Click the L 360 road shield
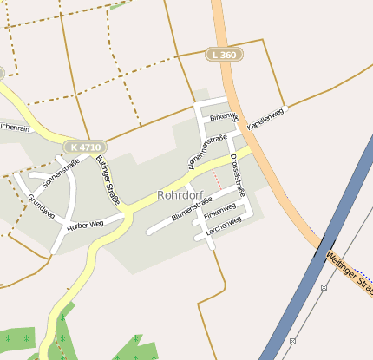click(x=224, y=55)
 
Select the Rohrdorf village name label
click(x=180, y=195)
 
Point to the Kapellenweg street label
click(x=266, y=119)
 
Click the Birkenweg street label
click(x=222, y=116)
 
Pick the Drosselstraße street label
click(x=237, y=173)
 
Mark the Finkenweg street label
click(x=220, y=211)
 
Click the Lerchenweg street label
click(x=224, y=224)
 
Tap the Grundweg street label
click(x=41, y=206)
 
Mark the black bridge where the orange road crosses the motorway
click(x=325, y=245)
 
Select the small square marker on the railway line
click(x=324, y=287)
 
